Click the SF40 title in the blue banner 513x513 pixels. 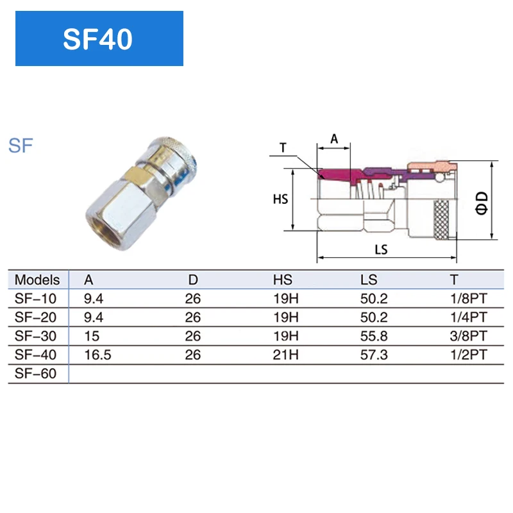[98, 39]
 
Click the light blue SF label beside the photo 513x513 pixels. [21, 145]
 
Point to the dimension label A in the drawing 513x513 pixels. [333, 138]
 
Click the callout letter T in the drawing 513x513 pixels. [283, 147]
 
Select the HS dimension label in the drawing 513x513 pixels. [280, 199]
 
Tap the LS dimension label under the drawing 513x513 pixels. [382, 250]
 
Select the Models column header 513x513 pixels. [37, 280]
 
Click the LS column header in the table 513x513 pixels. [369, 280]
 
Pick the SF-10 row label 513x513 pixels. [35, 298]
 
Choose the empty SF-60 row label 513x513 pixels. [35, 374]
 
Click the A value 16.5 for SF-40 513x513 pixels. [98, 355]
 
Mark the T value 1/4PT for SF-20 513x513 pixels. [468, 317]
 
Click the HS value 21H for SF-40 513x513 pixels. [286, 355]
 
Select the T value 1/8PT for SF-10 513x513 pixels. [468, 298]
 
